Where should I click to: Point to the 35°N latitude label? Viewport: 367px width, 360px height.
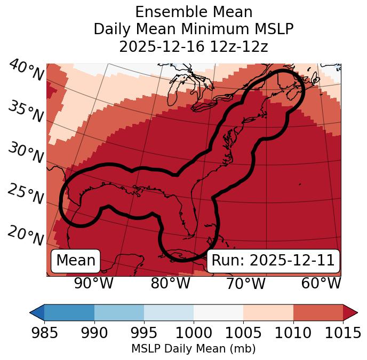pos(26,112)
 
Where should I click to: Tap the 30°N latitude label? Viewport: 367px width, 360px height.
pos(26,153)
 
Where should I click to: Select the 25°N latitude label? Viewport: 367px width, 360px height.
pos(26,194)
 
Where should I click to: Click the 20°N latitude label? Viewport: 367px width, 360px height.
pos(26,235)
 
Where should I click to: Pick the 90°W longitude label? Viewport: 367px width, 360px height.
pos(94,283)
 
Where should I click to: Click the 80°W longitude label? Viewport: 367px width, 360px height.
pos(170,283)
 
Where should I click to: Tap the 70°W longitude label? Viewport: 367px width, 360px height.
pos(246,283)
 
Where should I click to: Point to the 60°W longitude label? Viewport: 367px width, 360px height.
pos(321,283)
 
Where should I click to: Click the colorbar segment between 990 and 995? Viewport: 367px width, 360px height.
pos(119,312)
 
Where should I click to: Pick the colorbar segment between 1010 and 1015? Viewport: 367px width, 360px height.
pos(318,312)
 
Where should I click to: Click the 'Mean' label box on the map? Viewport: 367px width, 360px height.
pos(76,261)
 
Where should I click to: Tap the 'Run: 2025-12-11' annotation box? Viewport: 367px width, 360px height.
pos(273,261)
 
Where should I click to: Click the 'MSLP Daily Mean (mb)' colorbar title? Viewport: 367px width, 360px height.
pos(194,349)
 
